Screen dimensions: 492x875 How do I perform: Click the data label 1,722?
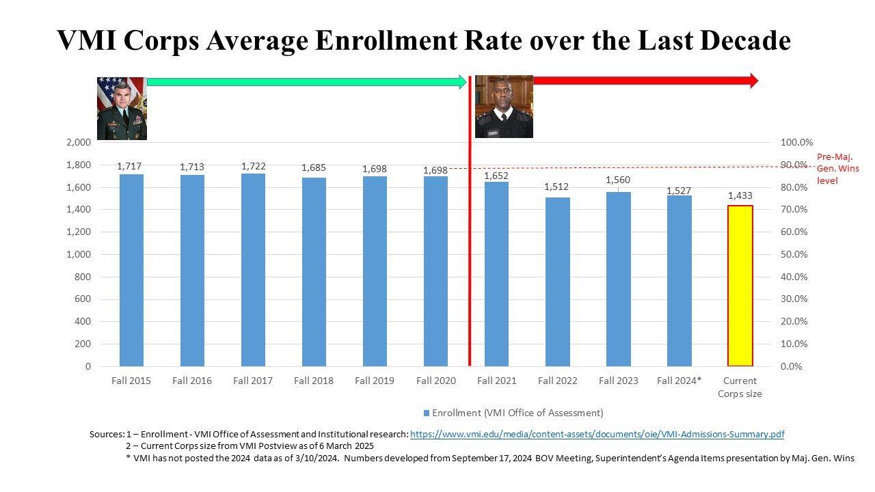[x=253, y=166]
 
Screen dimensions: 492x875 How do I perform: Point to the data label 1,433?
[x=740, y=196]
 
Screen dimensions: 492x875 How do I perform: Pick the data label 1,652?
[x=496, y=176]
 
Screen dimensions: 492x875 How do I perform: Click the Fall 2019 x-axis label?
[x=374, y=381]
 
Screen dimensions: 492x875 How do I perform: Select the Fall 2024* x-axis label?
[x=679, y=381]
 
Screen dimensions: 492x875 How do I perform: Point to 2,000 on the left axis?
[x=79, y=142]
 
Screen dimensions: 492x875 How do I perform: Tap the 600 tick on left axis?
[x=83, y=299]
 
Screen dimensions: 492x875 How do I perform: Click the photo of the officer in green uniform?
[x=122, y=108]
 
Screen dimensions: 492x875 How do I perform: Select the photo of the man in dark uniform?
[x=504, y=107]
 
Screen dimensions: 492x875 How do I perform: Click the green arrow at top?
[x=306, y=82]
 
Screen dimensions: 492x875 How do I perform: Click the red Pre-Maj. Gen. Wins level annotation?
[x=837, y=169]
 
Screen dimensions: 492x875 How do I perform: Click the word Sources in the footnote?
[x=106, y=434]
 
